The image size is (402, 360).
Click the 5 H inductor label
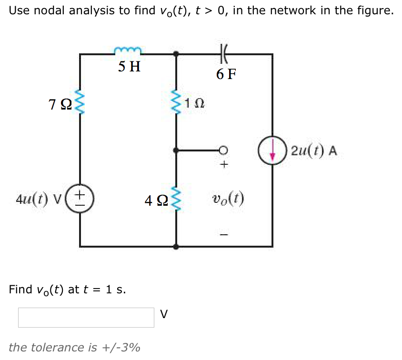129,66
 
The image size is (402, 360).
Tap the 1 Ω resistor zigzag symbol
177,103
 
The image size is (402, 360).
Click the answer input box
86,317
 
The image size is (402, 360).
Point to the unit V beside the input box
164,314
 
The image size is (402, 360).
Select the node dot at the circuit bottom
177,247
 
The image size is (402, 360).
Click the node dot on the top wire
177,54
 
